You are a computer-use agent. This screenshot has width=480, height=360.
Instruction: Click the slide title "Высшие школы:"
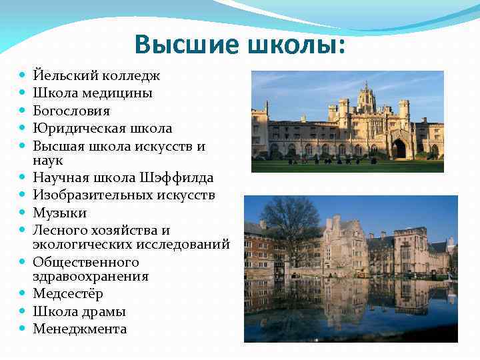240,45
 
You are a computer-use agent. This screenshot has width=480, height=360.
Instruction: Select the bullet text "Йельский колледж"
97,76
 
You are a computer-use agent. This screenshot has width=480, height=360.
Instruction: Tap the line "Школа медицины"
93,93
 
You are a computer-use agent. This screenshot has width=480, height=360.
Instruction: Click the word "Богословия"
71,111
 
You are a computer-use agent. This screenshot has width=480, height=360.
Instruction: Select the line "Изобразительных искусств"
124,195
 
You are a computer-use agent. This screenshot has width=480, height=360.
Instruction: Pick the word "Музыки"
60,213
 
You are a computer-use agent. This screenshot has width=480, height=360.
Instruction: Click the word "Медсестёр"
68,294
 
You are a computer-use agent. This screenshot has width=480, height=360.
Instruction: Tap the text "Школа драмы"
79,311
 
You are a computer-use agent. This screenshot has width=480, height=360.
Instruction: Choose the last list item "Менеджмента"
79,329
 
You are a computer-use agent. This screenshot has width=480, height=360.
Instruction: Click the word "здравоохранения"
91,276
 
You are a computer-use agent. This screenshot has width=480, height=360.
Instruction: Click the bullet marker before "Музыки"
23,213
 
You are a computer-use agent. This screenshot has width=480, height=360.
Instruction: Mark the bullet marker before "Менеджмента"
23,329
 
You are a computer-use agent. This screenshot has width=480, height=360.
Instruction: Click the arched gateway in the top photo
399,148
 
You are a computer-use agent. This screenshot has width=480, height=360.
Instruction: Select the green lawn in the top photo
347,166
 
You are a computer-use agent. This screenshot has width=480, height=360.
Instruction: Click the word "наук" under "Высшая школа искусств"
47,161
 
